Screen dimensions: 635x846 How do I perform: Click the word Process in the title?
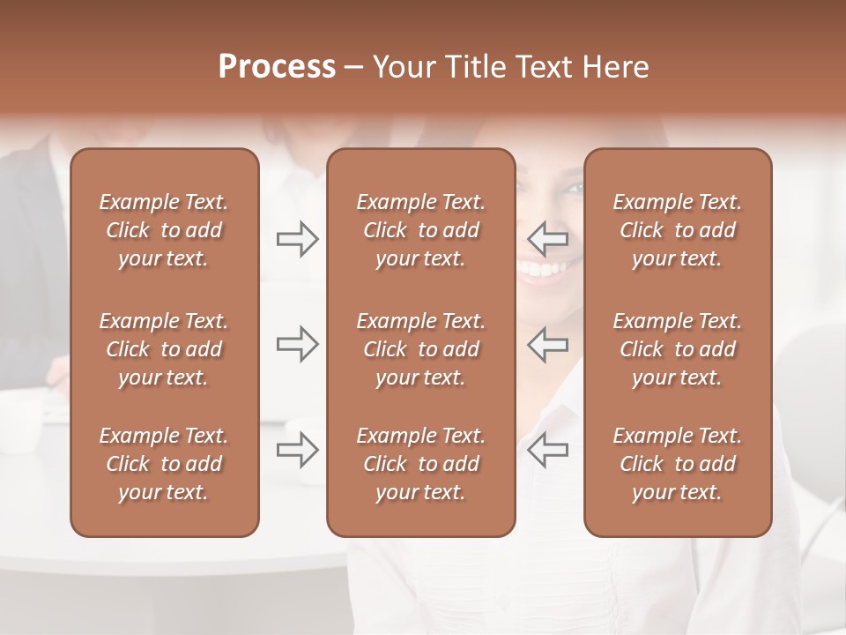point(277,67)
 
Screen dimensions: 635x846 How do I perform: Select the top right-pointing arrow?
point(297,238)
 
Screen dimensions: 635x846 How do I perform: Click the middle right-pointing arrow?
point(297,344)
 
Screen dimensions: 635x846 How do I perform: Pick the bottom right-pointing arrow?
point(297,450)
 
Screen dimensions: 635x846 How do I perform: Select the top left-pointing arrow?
point(547,238)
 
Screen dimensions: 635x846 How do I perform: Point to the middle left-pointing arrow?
point(547,344)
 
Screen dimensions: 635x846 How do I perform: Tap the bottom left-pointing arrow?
point(547,450)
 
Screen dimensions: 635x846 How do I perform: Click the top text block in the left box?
point(164,230)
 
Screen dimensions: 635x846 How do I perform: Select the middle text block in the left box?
point(164,349)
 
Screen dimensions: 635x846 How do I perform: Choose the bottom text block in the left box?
point(164,464)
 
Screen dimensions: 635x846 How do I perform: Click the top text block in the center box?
point(420,230)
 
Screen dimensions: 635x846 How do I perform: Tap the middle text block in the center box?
point(420,349)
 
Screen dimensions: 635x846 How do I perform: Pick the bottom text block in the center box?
point(420,464)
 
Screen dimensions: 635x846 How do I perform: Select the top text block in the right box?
point(677,230)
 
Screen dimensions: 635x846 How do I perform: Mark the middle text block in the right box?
point(677,349)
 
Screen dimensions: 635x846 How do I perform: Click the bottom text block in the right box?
point(677,464)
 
